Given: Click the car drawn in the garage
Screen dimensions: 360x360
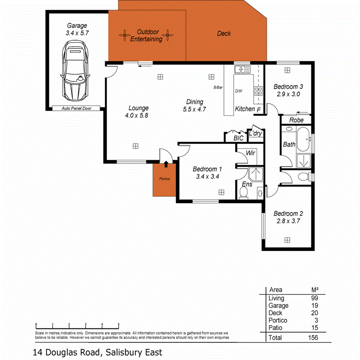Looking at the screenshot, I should (76, 71).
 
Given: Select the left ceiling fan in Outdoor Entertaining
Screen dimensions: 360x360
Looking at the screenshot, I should (125, 36).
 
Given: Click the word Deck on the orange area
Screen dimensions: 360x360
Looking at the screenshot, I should (224, 34).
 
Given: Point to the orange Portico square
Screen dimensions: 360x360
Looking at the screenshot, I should (165, 179).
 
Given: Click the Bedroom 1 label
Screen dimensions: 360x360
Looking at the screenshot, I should (207, 169).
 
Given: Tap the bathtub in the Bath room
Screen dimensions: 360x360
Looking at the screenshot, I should (304, 140).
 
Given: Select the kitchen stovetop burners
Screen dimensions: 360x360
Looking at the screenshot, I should (258, 92).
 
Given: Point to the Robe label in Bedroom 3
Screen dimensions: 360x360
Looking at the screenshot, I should (296, 120).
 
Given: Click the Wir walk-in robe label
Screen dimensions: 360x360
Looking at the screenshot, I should (250, 153).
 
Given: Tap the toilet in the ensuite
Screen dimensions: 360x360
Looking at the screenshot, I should (244, 193).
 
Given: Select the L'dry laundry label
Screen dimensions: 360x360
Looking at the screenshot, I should (255, 134).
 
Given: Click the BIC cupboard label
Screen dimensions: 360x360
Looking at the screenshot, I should (239, 138).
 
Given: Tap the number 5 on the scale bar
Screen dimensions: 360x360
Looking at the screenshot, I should (119, 325).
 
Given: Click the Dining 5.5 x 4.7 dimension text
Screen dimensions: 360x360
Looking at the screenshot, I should (195, 109).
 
